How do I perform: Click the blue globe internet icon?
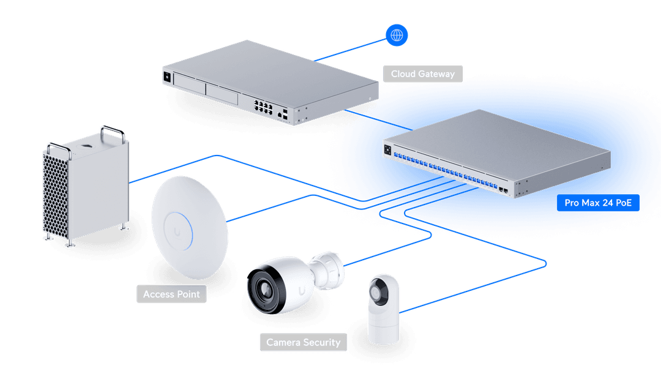coord(397,36)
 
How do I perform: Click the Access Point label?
coord(171,295)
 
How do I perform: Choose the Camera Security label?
coord(303,342)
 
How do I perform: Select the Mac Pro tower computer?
coord(86,184)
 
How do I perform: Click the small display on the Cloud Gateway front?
coord(166,77)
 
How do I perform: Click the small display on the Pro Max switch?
coord(388,149)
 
